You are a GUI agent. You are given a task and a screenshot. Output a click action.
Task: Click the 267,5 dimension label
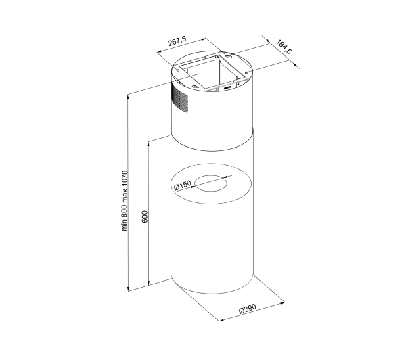click(177, 41)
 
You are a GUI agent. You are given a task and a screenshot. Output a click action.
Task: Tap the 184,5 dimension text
click(284, 47)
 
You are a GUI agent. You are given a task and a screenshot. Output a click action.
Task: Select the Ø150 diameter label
click(183, 185)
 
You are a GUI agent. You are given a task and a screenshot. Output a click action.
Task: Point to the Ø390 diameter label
click(248, 309)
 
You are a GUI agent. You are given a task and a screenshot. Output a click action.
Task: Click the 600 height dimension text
click(145, 217)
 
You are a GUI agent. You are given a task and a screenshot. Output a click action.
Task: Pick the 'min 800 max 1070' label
click(125, 201)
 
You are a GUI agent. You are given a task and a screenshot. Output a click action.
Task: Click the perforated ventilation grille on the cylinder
click(179, 98)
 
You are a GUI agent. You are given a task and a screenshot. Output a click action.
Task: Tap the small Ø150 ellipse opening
click(210, 183)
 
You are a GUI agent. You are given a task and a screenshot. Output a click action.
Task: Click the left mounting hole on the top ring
click(177, 70)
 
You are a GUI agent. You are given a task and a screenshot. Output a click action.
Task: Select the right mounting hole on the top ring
click(247, 72)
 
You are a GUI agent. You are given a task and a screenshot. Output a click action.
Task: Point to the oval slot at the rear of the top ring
click(229, 55)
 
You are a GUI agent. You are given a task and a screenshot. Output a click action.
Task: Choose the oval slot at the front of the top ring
click(196, 87)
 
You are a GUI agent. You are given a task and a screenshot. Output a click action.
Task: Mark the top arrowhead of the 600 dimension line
click(148, 144)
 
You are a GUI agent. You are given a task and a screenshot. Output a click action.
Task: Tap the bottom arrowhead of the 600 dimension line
click(148, 283)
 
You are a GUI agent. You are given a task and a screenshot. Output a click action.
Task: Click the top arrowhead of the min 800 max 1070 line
click(128, 97)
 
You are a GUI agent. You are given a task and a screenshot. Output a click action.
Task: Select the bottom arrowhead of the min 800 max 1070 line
click(128, 288)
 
